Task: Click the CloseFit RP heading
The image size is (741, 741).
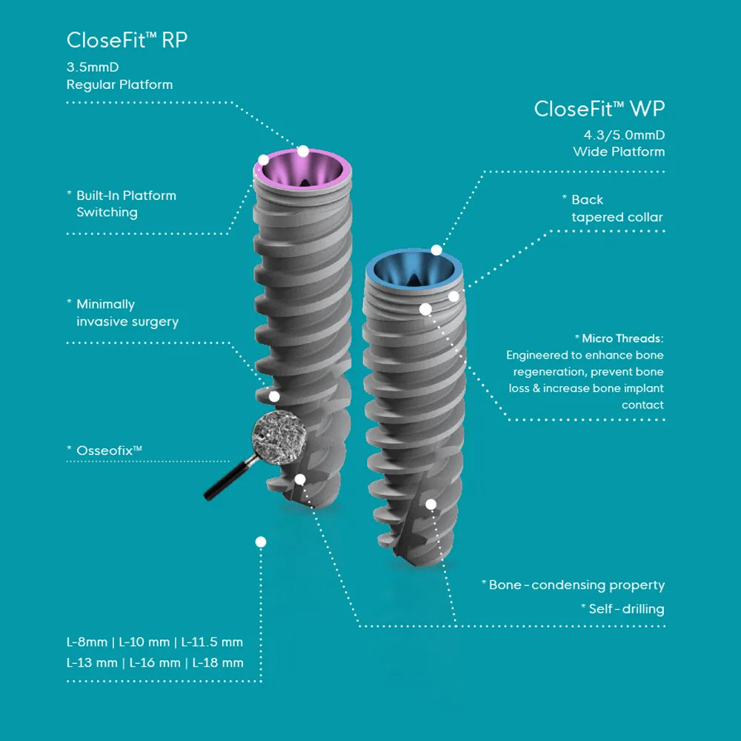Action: (127, 40)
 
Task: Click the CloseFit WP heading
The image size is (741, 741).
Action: (599, 109)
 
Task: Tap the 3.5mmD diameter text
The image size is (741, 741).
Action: (93, 67)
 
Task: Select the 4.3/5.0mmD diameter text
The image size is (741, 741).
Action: (624, 136)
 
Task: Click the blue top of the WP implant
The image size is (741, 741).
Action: (416, 268)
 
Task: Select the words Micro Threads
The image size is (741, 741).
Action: (623, 339)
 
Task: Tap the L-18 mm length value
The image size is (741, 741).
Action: (218, 662)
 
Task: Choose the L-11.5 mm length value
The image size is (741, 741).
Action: (212, 642)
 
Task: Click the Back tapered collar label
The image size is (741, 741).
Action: (617, 208)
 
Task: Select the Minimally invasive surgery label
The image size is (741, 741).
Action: (127, 313)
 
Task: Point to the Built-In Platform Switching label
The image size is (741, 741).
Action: (126, 204)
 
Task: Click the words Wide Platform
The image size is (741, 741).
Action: (619, 152)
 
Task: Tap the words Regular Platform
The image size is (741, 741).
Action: (119, 84)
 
